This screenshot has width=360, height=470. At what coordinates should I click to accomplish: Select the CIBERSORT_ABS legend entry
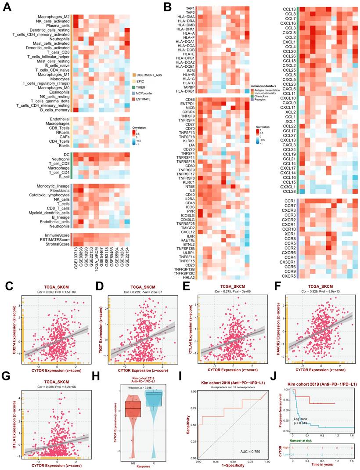(149, 75)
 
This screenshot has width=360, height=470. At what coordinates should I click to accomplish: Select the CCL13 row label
(288, 9)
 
